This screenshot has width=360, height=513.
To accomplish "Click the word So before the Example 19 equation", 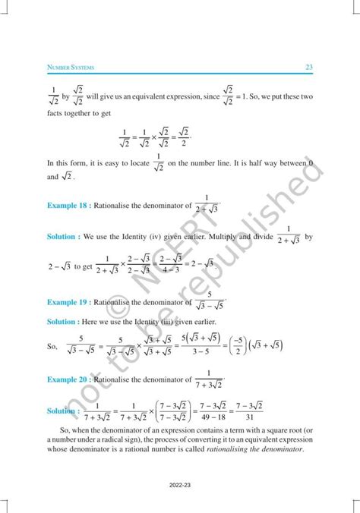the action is [52, 345].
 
